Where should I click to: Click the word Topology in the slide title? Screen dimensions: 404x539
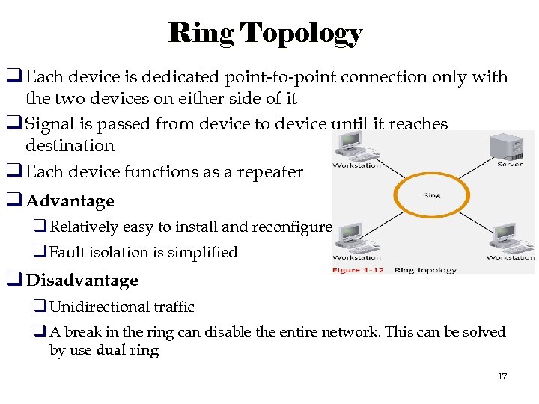pyautogui.click(x=302, y=34)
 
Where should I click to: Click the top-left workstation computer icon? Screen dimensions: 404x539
pyautogui.click(x=350, y=145)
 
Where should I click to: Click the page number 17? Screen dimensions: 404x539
pyautogui.click(x=502, y=376)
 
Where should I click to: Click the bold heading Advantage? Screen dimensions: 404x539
pyautogui.click(x=70, y=201)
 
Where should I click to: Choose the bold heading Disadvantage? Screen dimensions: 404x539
pyautogui.click(x=82, y=281)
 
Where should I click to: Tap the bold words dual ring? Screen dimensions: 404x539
pyautogui.click(x=128, y=350)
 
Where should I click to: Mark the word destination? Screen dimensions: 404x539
pyautogui.click(x=70, y=146)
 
